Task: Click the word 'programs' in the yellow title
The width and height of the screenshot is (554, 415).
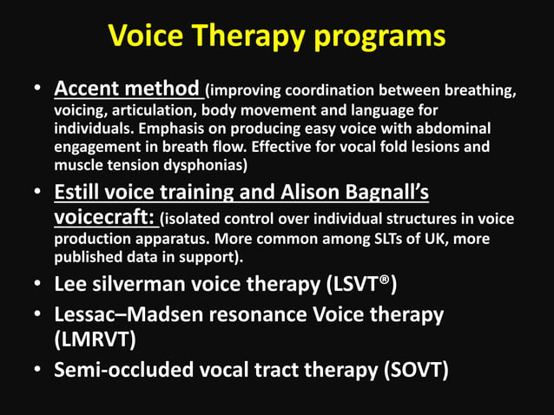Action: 379,36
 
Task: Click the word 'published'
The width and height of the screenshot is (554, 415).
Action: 92,257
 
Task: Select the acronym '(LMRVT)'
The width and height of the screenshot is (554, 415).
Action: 95,339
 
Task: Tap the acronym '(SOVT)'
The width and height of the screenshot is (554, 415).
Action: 416,371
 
